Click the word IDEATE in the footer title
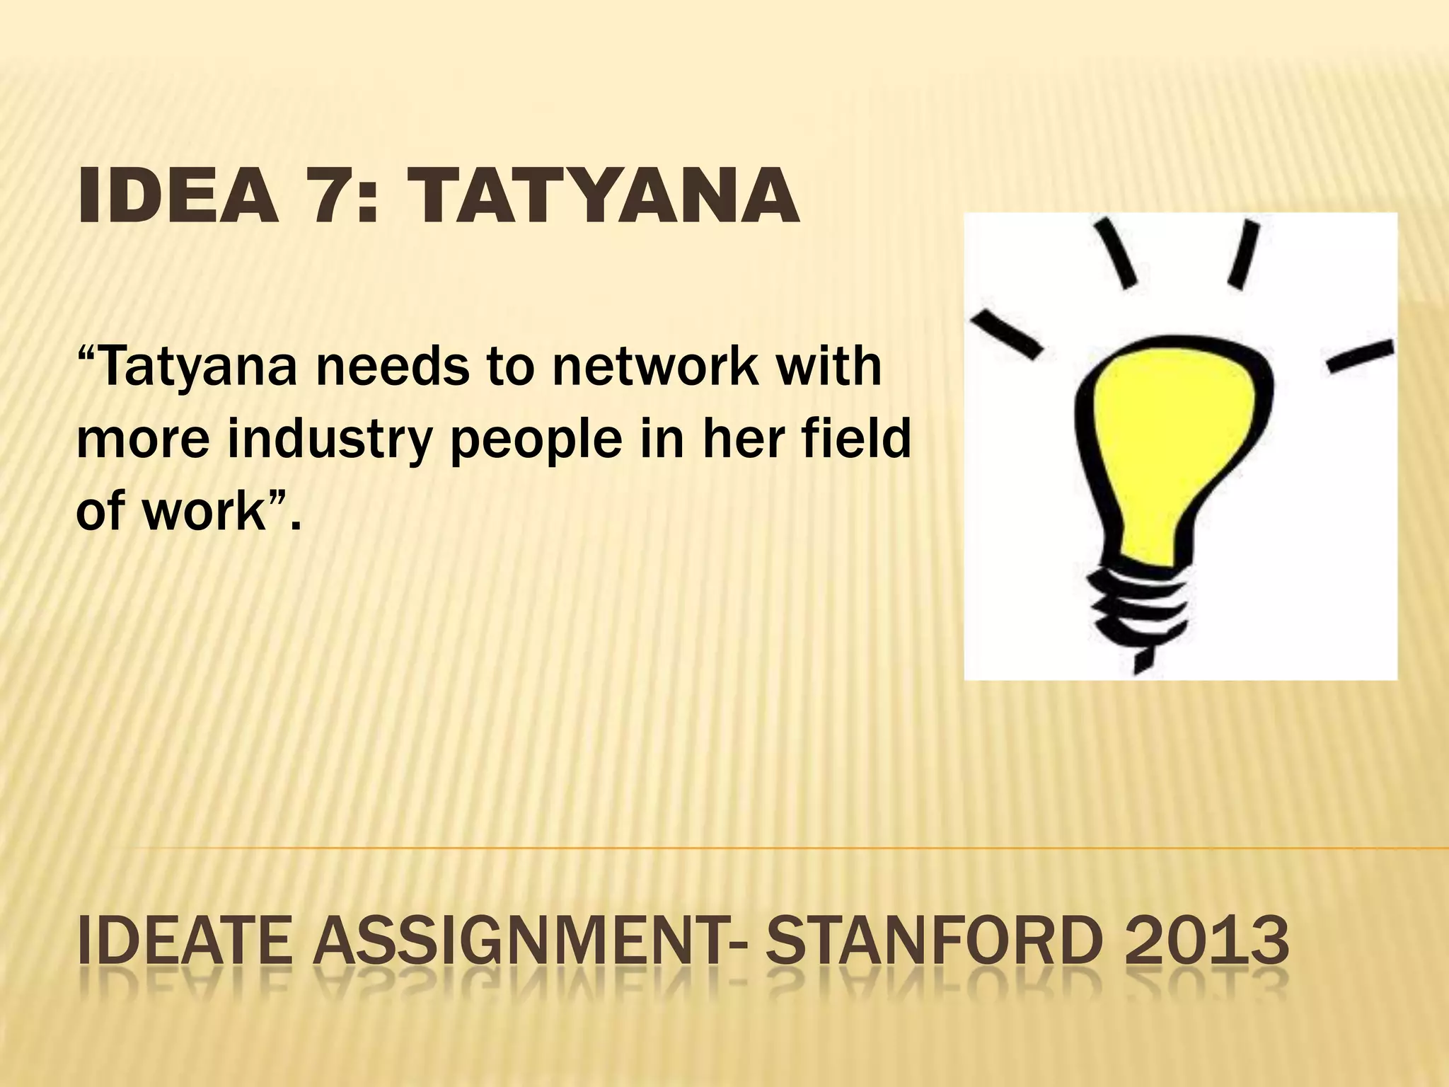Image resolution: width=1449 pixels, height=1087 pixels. [184, 941]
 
